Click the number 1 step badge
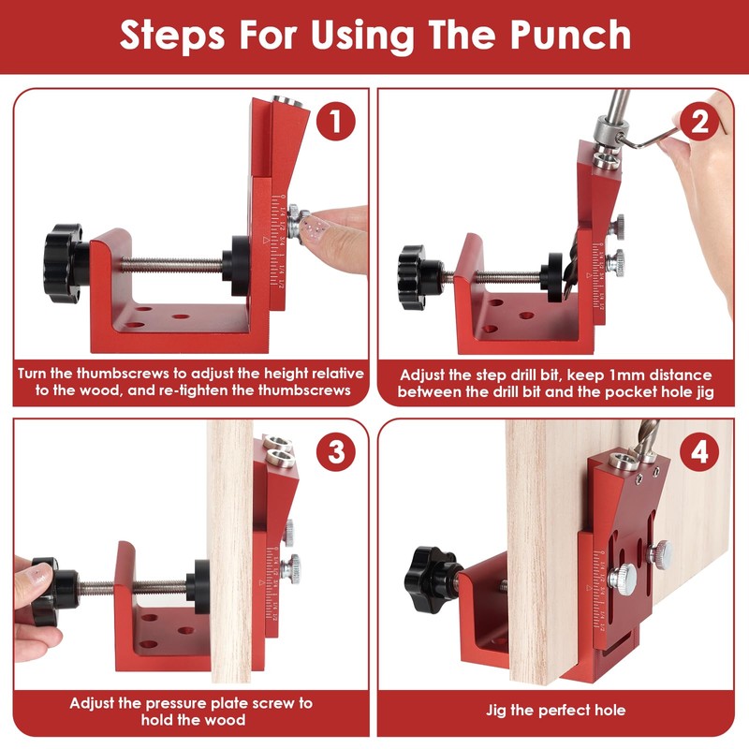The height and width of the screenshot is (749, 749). pos(336,121)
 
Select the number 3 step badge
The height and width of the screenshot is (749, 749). pos(336,451)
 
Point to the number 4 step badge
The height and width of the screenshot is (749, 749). pos(699,451)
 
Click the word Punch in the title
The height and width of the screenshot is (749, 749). pos(570,35)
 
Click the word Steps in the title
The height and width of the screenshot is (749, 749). pos(172,36)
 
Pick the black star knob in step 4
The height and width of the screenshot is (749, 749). pos(432,580)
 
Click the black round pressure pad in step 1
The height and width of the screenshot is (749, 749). pos(238,266)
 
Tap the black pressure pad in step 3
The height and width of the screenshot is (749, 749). pos(199,587)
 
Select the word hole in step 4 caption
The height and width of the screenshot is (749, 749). pos(610,711)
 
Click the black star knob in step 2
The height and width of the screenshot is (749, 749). pos(415,277)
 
